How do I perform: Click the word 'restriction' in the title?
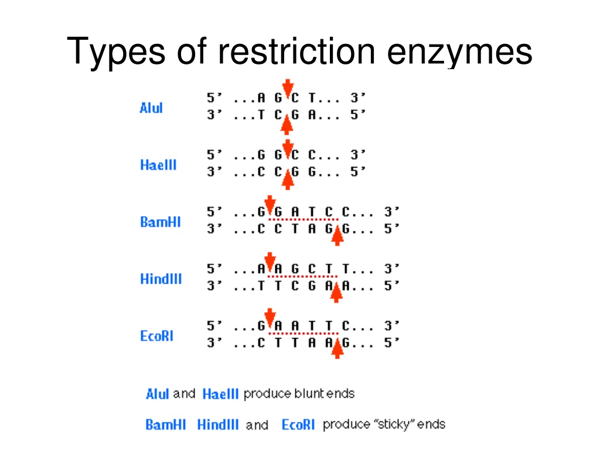(296, 51)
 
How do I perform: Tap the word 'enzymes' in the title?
(459, 53)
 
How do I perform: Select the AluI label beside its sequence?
(151, 108)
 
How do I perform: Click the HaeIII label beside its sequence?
(158, 165)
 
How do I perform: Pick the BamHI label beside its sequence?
(161, 222)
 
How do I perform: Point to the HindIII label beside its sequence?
(161, 279)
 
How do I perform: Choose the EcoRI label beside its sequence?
(157, 336)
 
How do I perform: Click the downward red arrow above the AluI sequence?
(288, 88)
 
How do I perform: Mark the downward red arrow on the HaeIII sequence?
(288, 148)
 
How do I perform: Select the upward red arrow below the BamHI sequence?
(337, 236)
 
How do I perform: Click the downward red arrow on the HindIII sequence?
(270, 261)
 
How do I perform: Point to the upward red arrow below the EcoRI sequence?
(337, 349)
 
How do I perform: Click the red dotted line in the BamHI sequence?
(304, 220)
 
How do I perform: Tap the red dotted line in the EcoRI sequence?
(304, 333)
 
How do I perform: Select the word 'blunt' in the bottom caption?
(309, 394)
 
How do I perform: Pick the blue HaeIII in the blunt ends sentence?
(221, 394)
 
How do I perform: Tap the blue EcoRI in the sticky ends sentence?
(298, 425)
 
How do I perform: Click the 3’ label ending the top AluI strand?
(358, 98)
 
